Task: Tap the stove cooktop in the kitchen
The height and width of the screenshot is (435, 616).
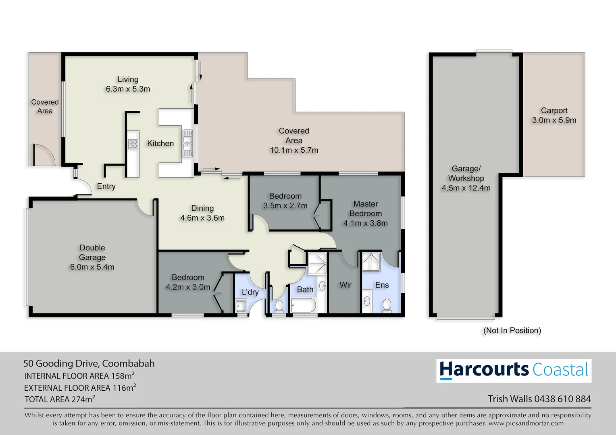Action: pyautogui.click(x=133, y=144)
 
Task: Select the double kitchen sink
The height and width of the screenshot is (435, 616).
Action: pyautogui.click(x=187, y=143)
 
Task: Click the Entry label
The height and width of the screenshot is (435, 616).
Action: pyautogui.click(x=106, y=186)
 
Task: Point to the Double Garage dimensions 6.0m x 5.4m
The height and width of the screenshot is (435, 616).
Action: pyautogui.click(x=92, y=267)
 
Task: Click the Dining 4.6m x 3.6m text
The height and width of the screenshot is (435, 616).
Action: pyautogui.click(x=202, y=213)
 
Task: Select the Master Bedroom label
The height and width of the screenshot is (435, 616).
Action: pyautogui.click(x=366, y=209)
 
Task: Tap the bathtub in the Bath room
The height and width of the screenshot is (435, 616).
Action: pyautogui.click(x=303, y=305)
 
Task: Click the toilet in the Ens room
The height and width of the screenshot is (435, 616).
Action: pyautogui.click(x=387, y=305)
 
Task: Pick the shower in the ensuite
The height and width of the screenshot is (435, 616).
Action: pyautogui.click(x=371, y=262)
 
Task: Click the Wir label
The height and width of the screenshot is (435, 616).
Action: pyautogui.click(x=345, y=285)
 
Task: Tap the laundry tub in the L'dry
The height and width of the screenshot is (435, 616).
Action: pyautogui.click(x=241, y=306)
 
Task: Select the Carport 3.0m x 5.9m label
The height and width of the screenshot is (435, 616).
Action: pyautogui.click(x=554, y=115)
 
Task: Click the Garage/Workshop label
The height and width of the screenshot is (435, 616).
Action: pyautogui.click(x=466, y=174)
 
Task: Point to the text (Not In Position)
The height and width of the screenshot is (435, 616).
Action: pyautogui.click(x=512, y=330)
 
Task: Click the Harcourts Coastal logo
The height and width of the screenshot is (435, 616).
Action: pyautogui.click(x=514, y=371)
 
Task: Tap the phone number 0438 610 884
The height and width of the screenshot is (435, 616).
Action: pyautogui.click(x=562, y=399)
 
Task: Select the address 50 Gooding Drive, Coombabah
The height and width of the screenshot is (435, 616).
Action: pyautogui.click(x=89, y=363)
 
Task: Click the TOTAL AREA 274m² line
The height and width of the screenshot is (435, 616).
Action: pyautogui.click(x=60, y=399)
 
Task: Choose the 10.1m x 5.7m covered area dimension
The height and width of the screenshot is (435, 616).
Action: pyautogui.click(x=294, y=150)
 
